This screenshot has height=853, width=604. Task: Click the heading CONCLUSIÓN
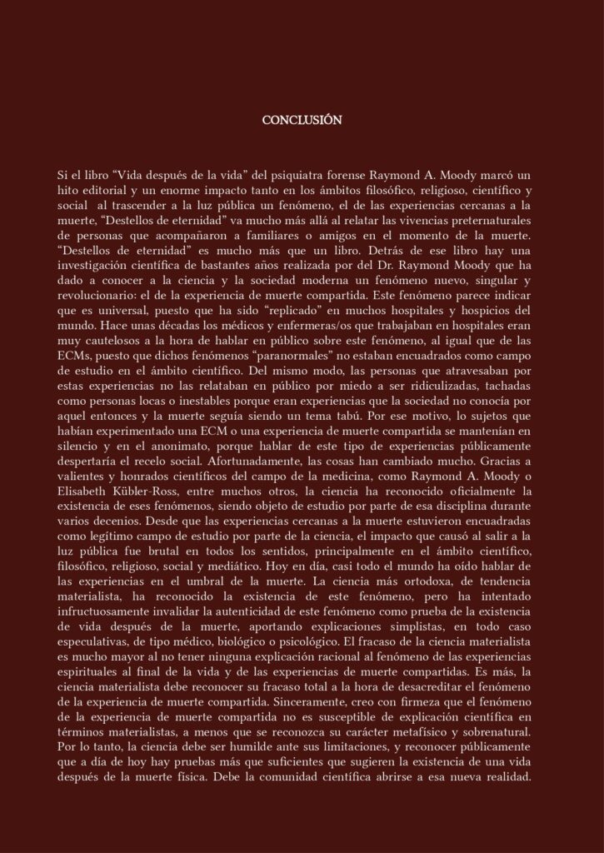click(302, 120)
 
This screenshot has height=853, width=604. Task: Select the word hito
click(67, 192)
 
